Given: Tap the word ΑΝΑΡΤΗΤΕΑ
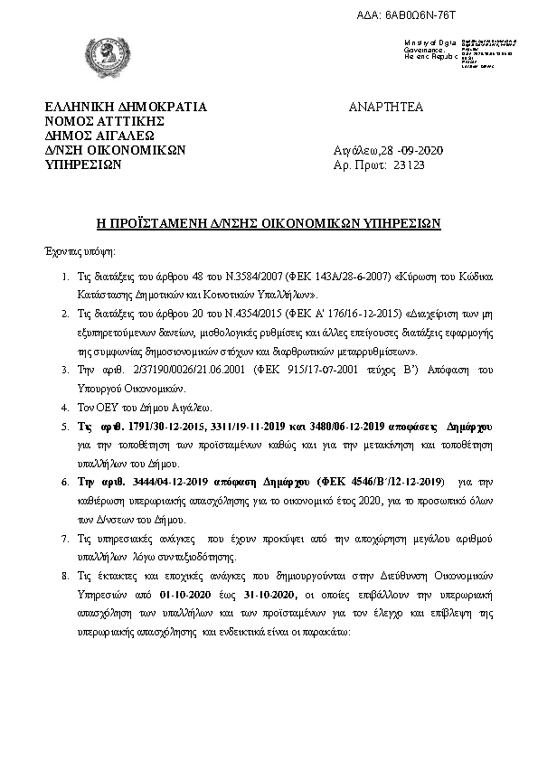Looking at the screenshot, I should [x=385, y=107].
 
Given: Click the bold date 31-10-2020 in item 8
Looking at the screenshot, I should [x=263, y=595].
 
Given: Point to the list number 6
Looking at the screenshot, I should [x=63, y=481].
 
